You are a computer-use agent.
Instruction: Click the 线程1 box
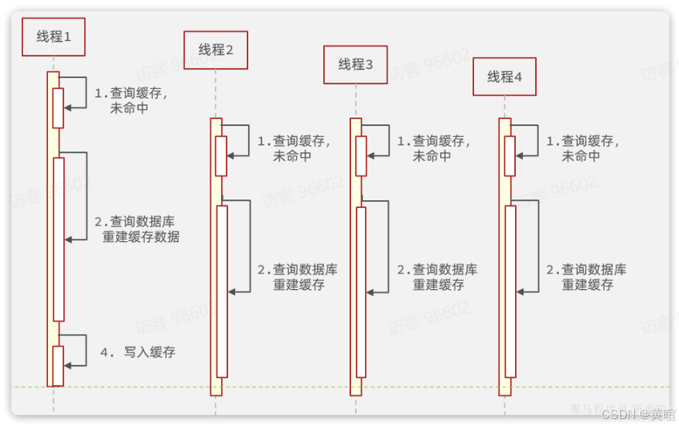tap(53, 36)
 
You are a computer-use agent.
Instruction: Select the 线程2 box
tap(216, 50)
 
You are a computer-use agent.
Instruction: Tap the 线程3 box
tap(356, 65)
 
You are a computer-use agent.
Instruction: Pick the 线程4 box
tap(504, 77)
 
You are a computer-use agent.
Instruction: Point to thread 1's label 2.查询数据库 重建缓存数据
tap(137, 229)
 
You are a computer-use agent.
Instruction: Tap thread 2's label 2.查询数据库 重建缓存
tap(298, 277)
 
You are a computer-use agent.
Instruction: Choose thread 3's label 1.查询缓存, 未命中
tap(433, 148)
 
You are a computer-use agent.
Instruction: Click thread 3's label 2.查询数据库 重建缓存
tap(437, 277)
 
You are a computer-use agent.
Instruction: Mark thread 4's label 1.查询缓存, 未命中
tap(582, 148)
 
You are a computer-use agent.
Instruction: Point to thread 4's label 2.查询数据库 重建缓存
tap(586, 277)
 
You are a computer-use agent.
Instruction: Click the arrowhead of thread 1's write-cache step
tap(67, 363)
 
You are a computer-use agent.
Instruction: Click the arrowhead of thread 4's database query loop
tap(520, 291)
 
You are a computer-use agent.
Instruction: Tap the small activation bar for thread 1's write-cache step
tap(58, 365)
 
